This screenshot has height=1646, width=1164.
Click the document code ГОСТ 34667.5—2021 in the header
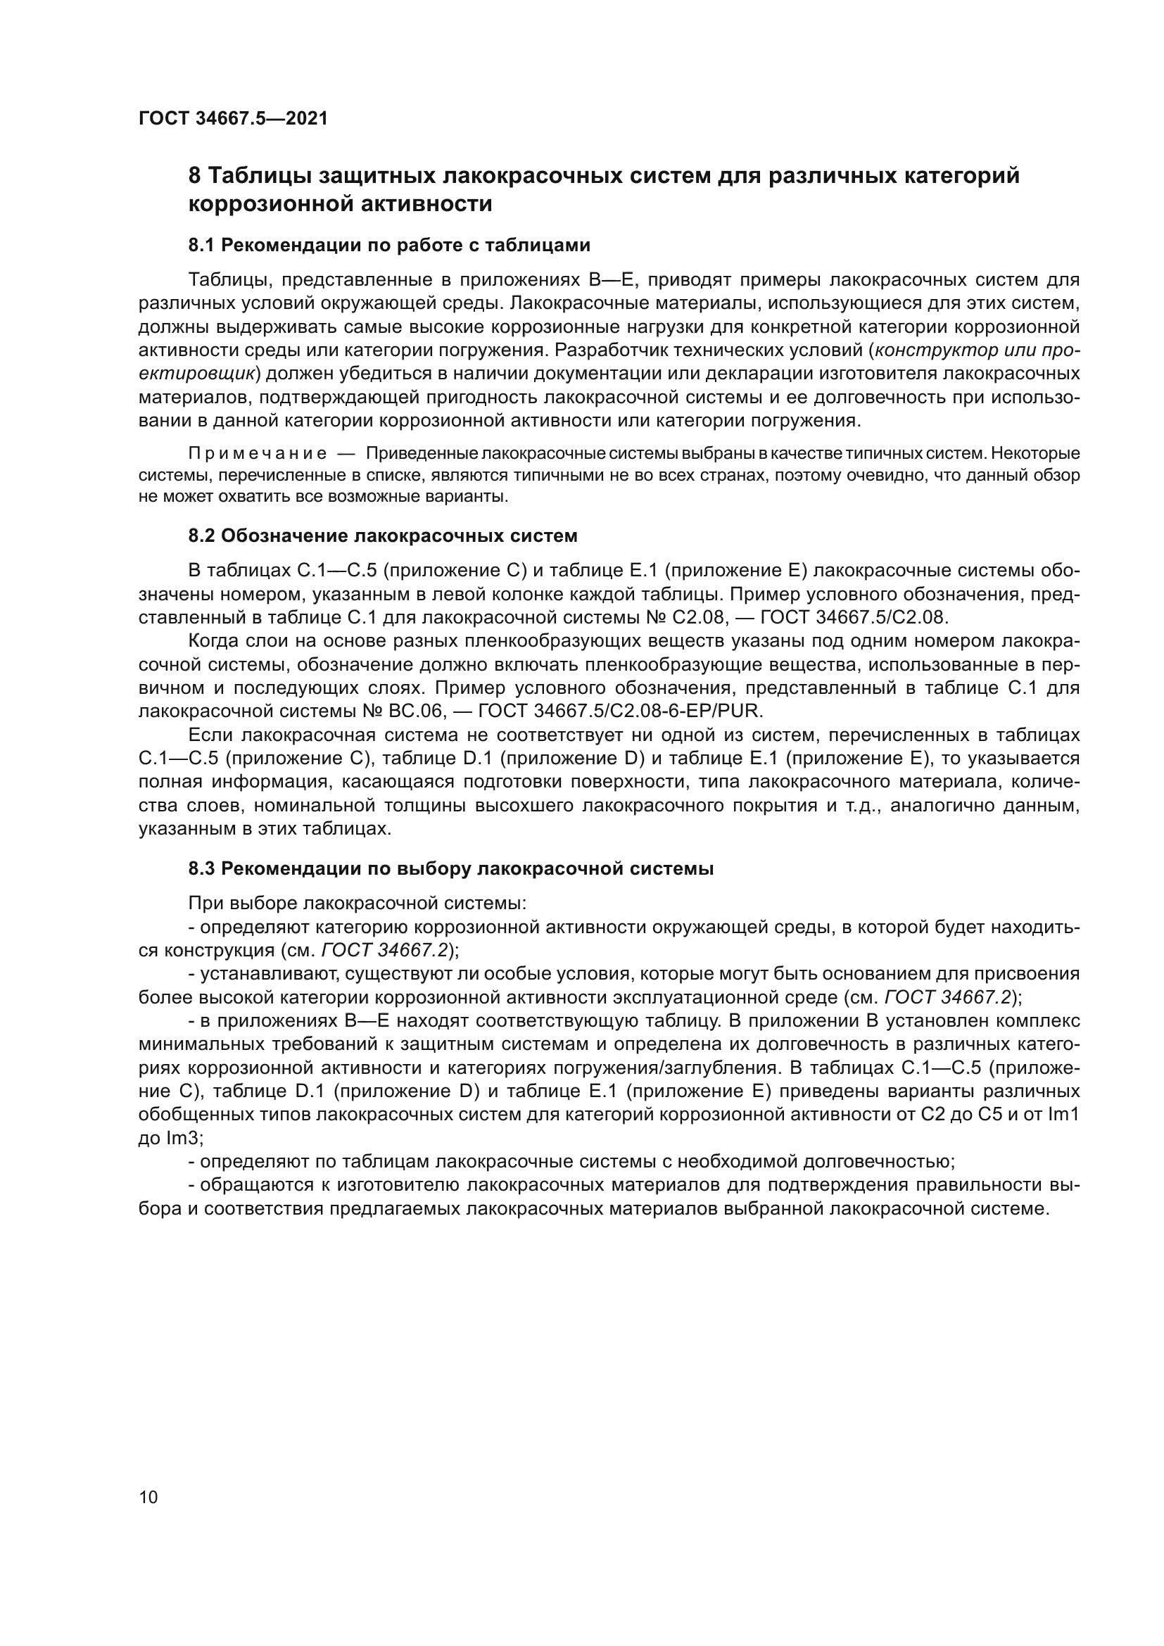point(233,119)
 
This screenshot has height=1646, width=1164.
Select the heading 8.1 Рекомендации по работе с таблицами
point(389,245)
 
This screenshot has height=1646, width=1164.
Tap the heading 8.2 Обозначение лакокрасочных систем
point(383,536)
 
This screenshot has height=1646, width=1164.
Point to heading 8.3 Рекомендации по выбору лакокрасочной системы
point(451,869)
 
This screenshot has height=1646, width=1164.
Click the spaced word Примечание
point(258,454)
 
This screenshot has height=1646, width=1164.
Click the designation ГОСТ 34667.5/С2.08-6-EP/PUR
point(620,711)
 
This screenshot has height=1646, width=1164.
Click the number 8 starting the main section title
point(194,176)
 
